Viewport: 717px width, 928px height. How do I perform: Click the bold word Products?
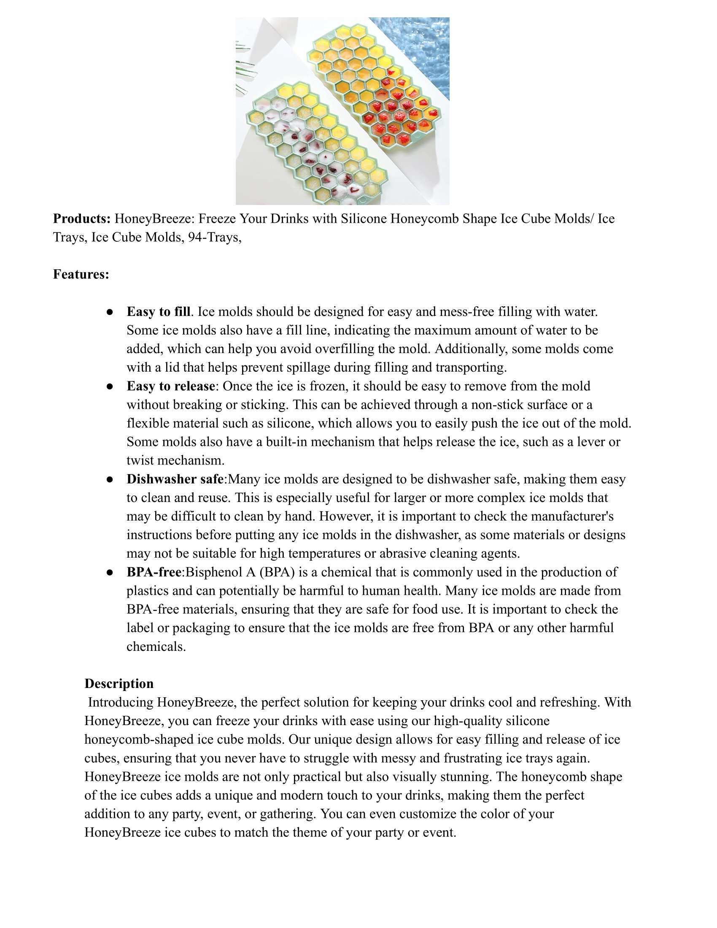pyautogui.click(x=81, y=219)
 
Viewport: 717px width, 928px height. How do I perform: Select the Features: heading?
pyautogui.click(x=81, y=274)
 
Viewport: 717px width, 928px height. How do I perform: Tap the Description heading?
pyautogui.click(x=119, y=683)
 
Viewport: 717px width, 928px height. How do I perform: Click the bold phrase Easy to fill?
pyautogui.click(x=158, y=311)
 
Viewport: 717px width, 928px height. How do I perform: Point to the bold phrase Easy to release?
pyautogui.click(x=171, y=386)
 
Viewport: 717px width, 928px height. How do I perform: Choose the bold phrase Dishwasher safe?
pyautogui.click(x=175, y=479)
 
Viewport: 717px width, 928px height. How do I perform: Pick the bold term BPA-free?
pyautogui.click(x=154, y=572)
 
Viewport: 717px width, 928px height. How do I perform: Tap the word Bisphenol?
pyautogui.click(x=213, y=572)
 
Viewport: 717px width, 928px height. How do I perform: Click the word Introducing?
pyautogui.click(x=121, y=702)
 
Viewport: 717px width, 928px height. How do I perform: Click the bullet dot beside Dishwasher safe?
pyautogui.click(x=110, y=479)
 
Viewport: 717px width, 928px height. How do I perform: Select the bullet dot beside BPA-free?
pyautogui.click(x=110, y=572)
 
